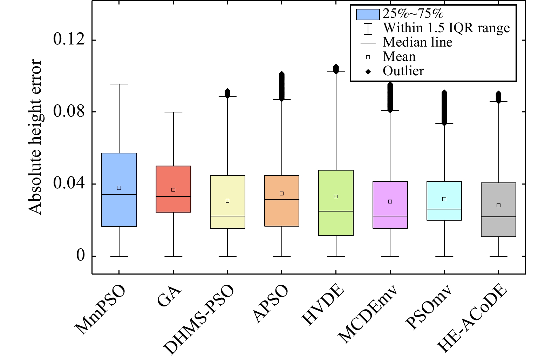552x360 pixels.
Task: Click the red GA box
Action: coord(173,189)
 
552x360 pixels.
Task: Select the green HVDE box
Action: coord(336,203)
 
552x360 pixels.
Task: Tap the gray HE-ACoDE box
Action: coord(498,209)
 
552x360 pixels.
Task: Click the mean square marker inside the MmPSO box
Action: coord(119,188)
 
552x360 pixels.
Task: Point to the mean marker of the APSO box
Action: coord(282,194)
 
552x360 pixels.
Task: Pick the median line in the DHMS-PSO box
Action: coord(227,216)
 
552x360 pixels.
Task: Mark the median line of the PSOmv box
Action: coord(444,209)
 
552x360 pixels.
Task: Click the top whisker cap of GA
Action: coord(173,112)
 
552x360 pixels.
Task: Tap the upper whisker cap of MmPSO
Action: coord(119,84)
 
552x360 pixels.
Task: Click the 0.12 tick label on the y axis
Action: coord(69,40)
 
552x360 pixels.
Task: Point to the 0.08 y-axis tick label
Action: coord(69,112)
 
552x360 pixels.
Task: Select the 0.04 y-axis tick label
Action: coord(69,184)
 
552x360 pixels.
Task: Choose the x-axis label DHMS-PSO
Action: coord(198,320)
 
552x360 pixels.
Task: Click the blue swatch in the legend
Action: coord(368,14)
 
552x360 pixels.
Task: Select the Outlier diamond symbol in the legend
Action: coord(368,72)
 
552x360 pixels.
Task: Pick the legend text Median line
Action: coord(417,42)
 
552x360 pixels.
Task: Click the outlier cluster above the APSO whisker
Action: coord(282,86)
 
